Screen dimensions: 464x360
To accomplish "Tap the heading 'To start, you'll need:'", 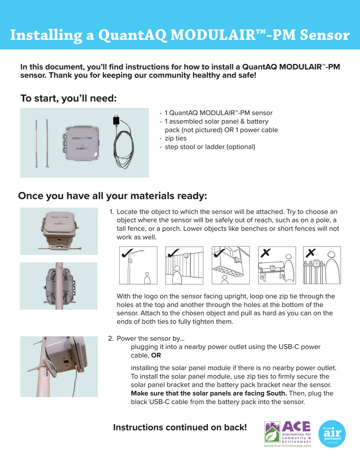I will pos(69,98).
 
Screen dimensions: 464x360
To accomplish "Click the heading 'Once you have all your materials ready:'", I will pos(112,196).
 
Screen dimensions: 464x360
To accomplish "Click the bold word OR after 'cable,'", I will pos(156,355).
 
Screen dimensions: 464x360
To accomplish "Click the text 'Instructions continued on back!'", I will pos(180,427).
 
